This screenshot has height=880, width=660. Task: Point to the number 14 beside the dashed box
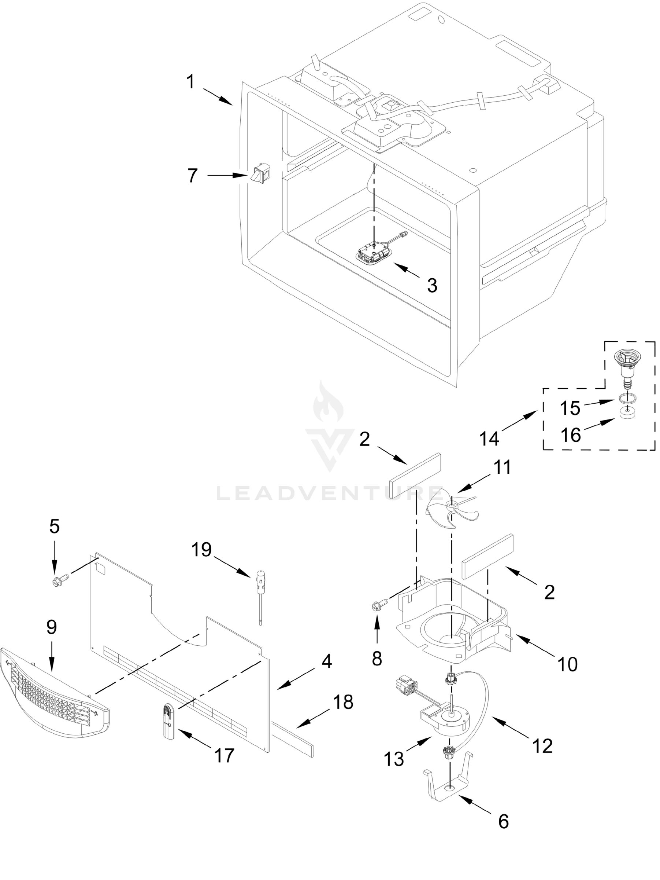click(x=489, y=439)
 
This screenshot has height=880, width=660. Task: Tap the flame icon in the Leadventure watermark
click(x=329, y=402)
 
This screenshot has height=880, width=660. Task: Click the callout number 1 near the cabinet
click(x=191, y=82)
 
